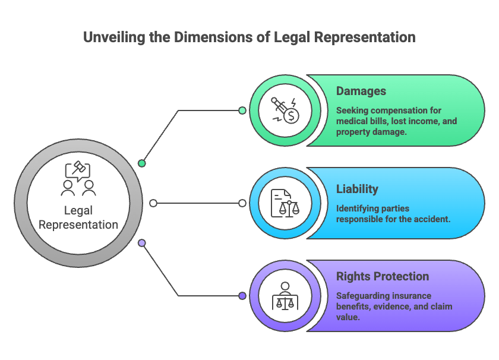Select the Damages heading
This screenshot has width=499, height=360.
[x=361, y=91]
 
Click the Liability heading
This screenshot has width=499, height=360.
[x=357, y=189]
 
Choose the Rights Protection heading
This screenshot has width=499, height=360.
[x=383, y=276]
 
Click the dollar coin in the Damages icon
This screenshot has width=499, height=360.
[x=291, y=116]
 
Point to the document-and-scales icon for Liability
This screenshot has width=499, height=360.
[x=285, y=203]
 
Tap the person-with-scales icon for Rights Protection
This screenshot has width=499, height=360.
[x=285, y=296]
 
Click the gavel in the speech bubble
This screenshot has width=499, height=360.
[x=78, y=168]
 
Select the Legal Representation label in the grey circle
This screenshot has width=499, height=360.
[x=78, y=217]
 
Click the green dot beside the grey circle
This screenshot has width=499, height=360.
[x=142, y=163]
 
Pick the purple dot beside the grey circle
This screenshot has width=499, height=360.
[x=142, y=243]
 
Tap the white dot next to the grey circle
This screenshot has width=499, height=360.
[x=153, y=203]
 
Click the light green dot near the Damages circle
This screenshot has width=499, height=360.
[x=242, y=110]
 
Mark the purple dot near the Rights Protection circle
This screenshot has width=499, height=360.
[x=242, y=296]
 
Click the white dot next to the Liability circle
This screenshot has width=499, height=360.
[x=242, y=203]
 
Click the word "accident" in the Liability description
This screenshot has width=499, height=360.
[x=435, y=219]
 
